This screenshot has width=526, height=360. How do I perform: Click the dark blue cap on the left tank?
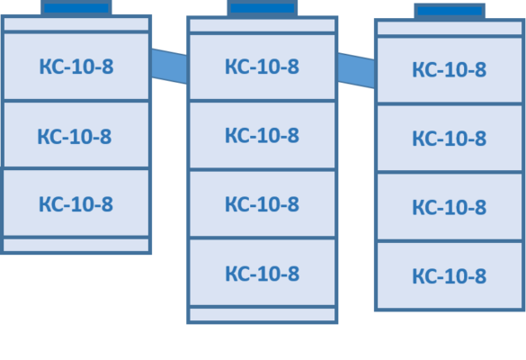(x=76, y=7)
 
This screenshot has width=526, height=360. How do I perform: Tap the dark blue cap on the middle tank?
(x=263, y=8)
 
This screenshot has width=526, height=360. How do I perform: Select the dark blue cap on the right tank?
(x=450, y=11)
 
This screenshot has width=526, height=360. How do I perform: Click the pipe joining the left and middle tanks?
(x=169, y=67)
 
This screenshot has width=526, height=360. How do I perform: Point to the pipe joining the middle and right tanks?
(x=356, y=70)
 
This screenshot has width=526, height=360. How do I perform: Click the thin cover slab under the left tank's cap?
(x=76, y=23)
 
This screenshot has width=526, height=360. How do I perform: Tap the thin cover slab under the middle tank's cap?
(x=263, y=25)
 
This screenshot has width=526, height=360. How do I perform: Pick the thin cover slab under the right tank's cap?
(x=450, y=28)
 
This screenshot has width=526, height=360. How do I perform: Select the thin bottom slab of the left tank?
(x=76, y=245)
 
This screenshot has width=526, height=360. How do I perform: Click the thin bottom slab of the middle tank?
(x=263, y=315)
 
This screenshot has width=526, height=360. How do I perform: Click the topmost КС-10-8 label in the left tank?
(x=76, y=67)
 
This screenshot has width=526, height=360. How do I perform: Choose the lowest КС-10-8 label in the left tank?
(x=76, y=204)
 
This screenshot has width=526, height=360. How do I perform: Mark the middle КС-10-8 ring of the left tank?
(x=76, y=135)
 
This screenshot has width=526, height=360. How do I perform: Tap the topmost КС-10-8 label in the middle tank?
(x=262, y=67)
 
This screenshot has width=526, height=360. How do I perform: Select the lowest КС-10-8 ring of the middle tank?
(x=263, y=273)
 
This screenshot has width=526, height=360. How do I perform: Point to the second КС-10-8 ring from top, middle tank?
(x=263, y=135)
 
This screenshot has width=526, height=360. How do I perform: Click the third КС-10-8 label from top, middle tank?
(x=262, y=204)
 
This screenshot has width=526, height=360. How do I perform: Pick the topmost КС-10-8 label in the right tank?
(x=450, y=70)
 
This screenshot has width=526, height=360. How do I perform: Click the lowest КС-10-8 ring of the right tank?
(x=450, y=275)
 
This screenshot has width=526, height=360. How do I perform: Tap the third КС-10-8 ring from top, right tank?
(x=450, y=206)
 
